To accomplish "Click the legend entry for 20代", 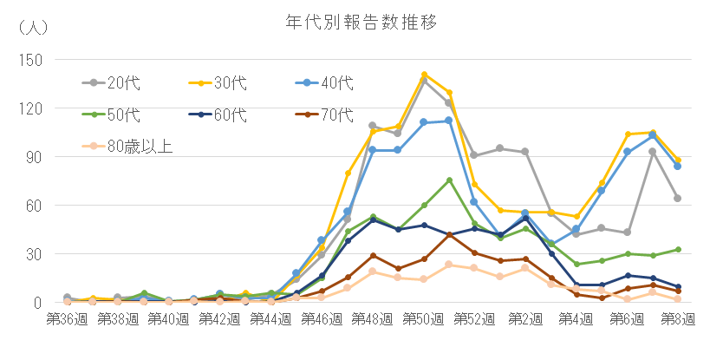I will tap(121, 83).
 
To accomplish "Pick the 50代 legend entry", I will tap(121, 115).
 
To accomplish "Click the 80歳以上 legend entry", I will tap(139, 146).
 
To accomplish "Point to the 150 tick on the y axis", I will tap(31, 60).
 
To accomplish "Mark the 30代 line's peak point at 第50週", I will tap(425, 75).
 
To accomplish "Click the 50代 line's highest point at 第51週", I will tap(450, 180).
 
